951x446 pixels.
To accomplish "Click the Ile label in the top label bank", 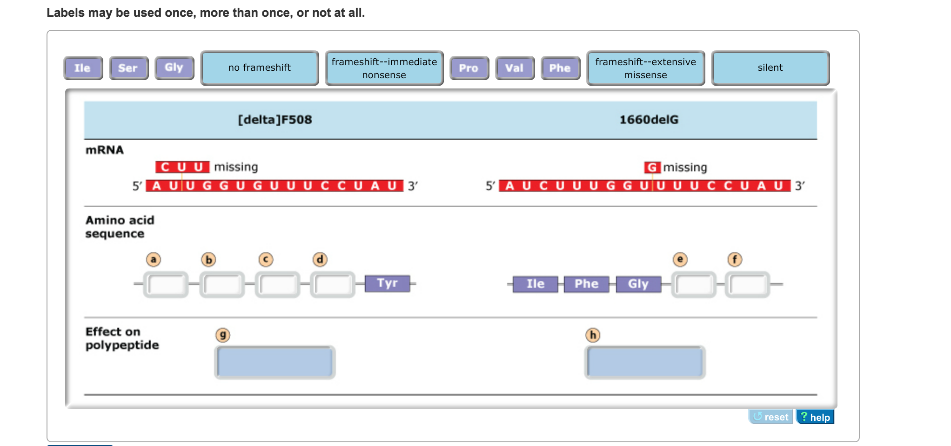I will pos(83,68).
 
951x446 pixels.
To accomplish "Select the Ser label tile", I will pos(128,68).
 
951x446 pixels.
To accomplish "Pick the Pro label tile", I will pos(469,68).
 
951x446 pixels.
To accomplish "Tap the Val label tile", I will pos(515,68).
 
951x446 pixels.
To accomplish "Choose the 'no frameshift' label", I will pos(260,68).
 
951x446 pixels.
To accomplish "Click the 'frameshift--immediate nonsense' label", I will pos(384,68).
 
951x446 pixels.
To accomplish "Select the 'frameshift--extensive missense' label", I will pos(645,68).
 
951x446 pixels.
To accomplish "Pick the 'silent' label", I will pos(770,68).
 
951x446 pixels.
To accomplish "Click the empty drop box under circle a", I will pos(166,284).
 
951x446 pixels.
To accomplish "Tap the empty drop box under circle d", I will pos(332,284).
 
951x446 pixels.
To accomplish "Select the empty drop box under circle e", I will pos(693,284).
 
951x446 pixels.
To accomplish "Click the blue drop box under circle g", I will pos(275,362).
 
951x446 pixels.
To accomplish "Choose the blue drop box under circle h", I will pos(645,362).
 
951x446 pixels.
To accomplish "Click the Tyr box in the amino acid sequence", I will pos(387,283).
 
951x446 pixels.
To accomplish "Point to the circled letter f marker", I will pos(735,259).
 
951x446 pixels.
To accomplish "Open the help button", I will pos(815,417).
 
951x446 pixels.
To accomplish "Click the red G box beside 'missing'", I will pos(652,167).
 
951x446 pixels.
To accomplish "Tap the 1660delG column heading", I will pos(649,120).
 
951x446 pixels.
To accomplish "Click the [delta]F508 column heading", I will pos(275,120).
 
